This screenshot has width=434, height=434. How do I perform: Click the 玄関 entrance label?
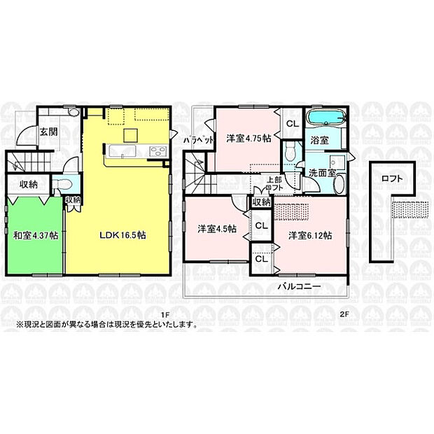pyautogui.click(x=48, y=131)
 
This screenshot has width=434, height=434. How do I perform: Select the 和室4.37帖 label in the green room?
pyautogui.click(x=35, y=234)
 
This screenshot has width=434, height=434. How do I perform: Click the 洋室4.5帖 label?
pyautogui.click(x=216, y=228)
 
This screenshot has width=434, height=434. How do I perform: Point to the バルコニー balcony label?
pyautogui.click(x=298, y=286)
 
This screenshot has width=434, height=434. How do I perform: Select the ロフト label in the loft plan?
pyautogui.click(x=392, y=178)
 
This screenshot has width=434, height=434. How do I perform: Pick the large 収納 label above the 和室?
pyautogui.click(x=29, y=184)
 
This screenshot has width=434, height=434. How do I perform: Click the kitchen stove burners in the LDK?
pyautogui.click(x=156, y=150)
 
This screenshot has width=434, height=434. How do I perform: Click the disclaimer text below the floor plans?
pyautogui.click(x=105, y=325)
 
